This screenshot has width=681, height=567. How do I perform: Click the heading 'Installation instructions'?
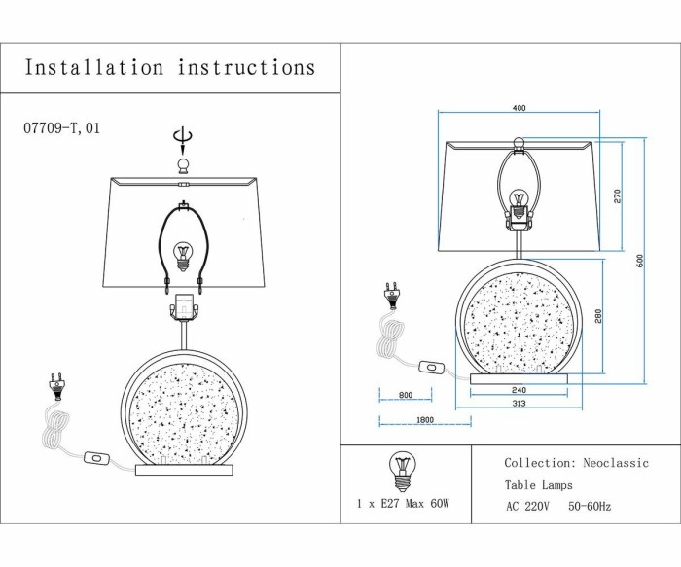[170, 68]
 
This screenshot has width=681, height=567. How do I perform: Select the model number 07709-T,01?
[60, 127]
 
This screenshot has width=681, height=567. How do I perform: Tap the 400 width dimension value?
[519, 108]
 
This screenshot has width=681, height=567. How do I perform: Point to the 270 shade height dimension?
[617, 195]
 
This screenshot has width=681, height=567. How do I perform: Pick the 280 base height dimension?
[599, 316]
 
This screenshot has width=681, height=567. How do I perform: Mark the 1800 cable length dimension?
[424, 420]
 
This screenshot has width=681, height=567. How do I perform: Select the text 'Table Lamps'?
[538, 485]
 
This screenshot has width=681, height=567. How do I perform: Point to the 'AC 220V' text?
[527, 507]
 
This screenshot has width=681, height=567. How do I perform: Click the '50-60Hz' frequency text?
[590, 507]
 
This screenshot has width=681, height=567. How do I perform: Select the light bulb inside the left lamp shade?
[181, 256]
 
